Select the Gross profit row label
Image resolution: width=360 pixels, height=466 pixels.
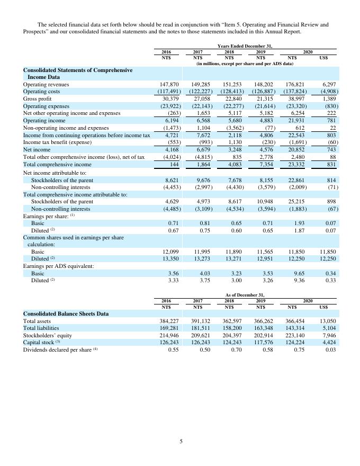37,98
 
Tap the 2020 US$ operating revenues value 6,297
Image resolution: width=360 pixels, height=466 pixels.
329,84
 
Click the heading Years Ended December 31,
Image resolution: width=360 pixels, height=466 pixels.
245,46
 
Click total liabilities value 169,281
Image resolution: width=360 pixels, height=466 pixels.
169,328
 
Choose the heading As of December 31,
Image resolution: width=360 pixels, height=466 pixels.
245,294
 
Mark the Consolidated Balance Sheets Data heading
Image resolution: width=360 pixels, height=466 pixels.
66,313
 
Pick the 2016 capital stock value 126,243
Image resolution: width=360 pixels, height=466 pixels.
169,343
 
